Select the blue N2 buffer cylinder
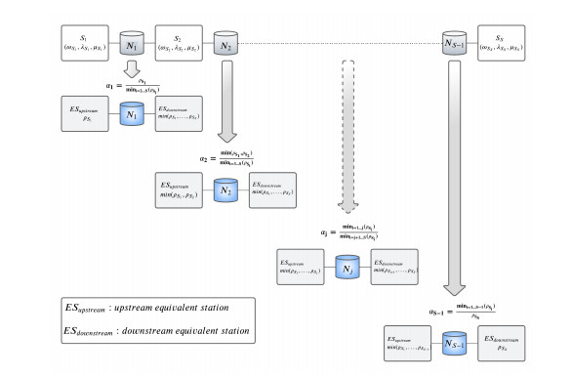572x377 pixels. tap(225, 190)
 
